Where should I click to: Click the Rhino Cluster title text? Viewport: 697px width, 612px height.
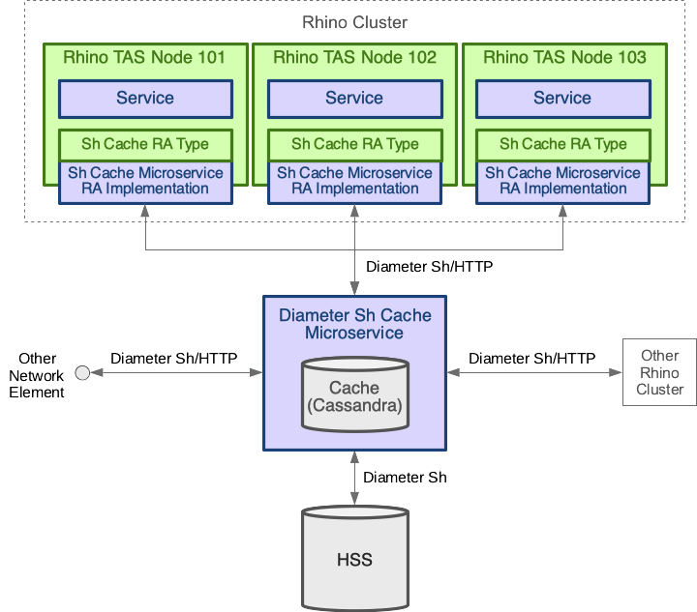[x=354, y=22]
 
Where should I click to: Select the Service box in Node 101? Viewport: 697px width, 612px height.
[x=145, y=99]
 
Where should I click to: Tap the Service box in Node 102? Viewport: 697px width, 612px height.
[x=354, y=99]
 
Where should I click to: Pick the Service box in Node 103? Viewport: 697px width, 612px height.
[x=562, y=99]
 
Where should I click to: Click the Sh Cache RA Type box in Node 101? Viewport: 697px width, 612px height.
[x=145, y=144]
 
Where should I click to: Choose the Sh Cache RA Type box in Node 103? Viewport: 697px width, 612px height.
[x=562, y=144]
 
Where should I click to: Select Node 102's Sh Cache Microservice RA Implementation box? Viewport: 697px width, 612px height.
[x=354, y=181]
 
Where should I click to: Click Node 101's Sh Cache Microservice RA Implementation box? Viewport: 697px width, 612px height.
[x=145, y=181]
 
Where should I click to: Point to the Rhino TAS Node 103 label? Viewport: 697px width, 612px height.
[x=564, y=58]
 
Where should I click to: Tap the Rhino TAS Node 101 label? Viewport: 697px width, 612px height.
[x=144, y=58]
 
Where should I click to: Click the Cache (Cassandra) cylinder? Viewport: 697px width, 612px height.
[x=354, y=396]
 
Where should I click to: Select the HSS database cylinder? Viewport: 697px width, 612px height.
[x=354, y=560]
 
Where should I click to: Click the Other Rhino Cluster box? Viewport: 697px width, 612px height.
[x=659, y=373]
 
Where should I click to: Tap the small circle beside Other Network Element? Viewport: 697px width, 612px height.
[x=82, y=373]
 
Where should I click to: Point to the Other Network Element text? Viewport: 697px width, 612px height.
[x=37, y=375]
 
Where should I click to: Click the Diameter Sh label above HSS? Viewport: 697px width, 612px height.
[x=405, y=478]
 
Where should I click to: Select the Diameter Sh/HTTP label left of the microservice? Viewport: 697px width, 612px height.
[x=174, y=358]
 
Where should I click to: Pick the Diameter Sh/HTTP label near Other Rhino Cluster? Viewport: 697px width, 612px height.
[x=532, y=358]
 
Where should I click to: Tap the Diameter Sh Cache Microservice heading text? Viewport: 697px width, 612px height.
[x=354, y=324]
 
